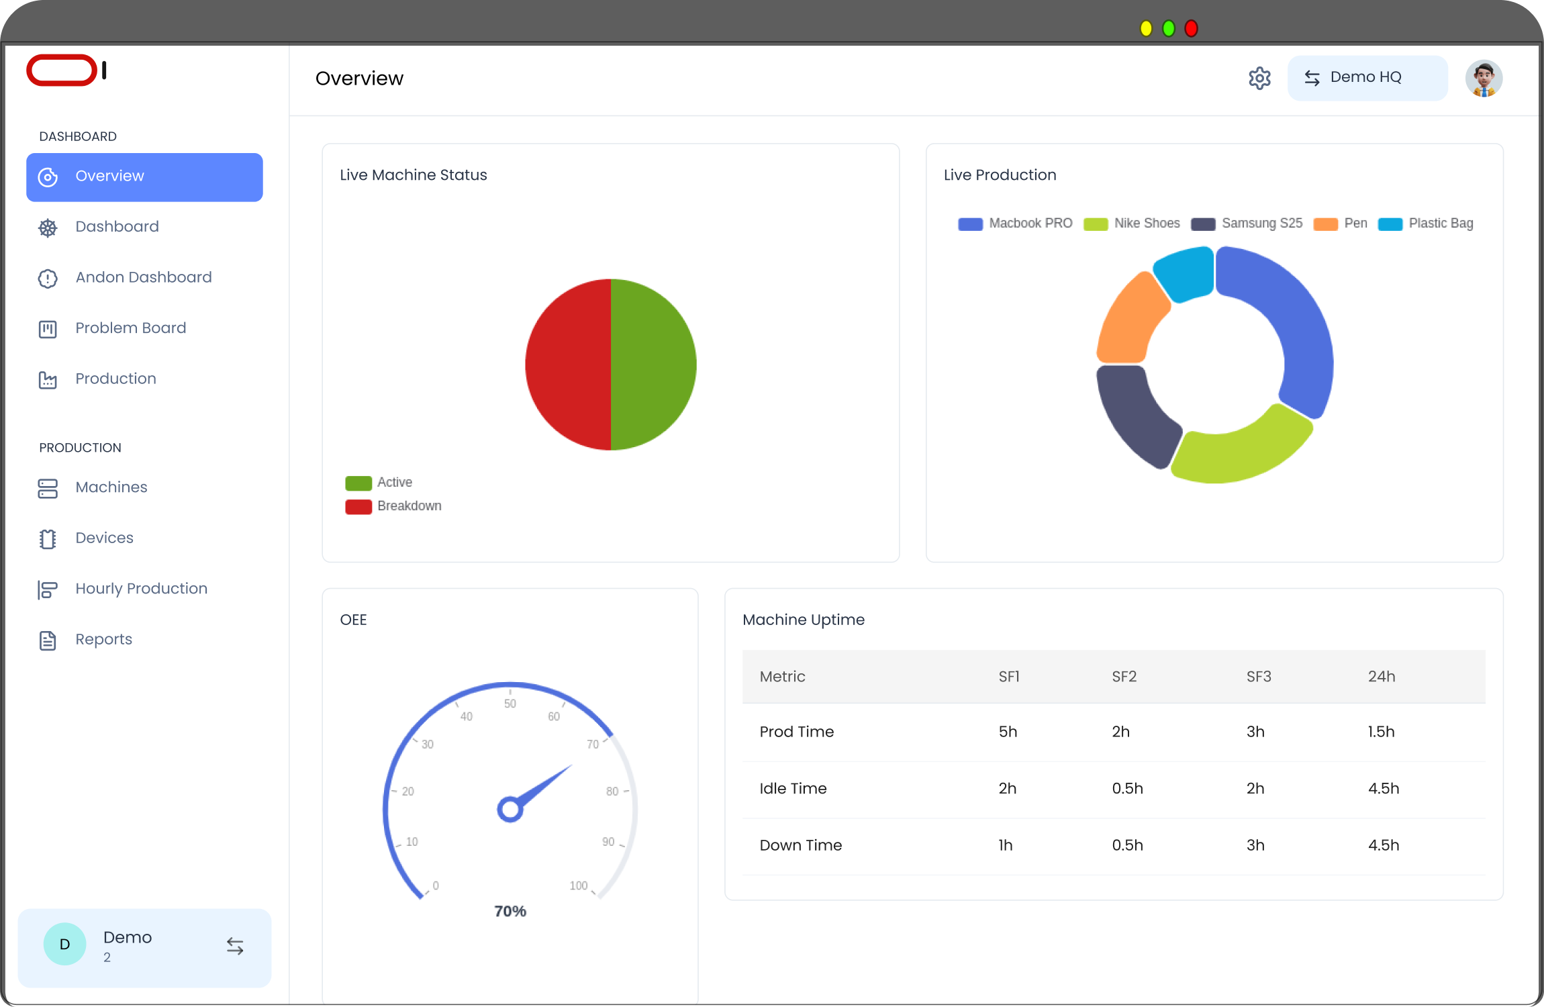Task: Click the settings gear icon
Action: click(1259, 79)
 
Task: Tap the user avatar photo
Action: click(1484, 79)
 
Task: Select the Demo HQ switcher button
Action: click(1367, 78)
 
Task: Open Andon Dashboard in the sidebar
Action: click(143, 277)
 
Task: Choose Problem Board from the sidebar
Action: click(130, 328)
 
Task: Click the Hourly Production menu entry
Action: click(141, 589)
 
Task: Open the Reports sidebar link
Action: click(103, 640)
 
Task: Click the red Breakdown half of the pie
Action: click(567, 365)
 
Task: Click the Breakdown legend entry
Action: click(409, 506)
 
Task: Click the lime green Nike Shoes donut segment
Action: click(1239, 450)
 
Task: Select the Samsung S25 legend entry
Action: click(1261, 224)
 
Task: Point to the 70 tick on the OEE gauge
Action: click(593, 745)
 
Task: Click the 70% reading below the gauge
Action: click(510, 912)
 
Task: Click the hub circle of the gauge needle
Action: click(510, 810)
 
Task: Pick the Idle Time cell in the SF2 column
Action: click(1127, 789)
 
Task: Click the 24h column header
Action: click(1382, 677)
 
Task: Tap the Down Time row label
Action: click(800, 846)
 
